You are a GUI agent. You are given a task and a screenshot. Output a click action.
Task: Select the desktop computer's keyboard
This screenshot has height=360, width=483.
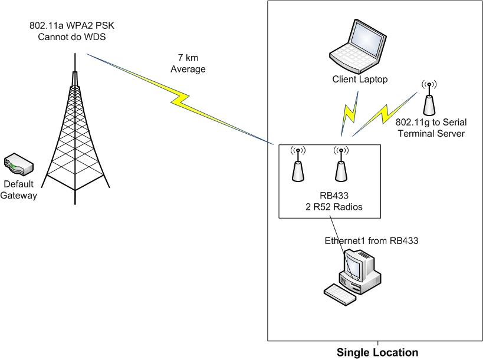point(340,293)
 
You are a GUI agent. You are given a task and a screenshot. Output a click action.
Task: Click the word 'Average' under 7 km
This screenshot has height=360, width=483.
point(188,69)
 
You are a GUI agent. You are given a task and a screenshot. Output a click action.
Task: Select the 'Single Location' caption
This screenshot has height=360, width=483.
point(377,353)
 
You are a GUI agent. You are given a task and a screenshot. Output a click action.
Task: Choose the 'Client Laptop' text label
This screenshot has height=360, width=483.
point(360,80)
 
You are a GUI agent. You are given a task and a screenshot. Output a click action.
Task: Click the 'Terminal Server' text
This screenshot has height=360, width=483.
point(431,133)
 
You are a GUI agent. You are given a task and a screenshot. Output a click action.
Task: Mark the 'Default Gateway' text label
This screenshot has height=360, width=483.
point(19,190)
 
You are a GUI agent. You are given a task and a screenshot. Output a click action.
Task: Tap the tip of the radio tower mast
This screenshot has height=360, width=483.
point(75,55)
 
